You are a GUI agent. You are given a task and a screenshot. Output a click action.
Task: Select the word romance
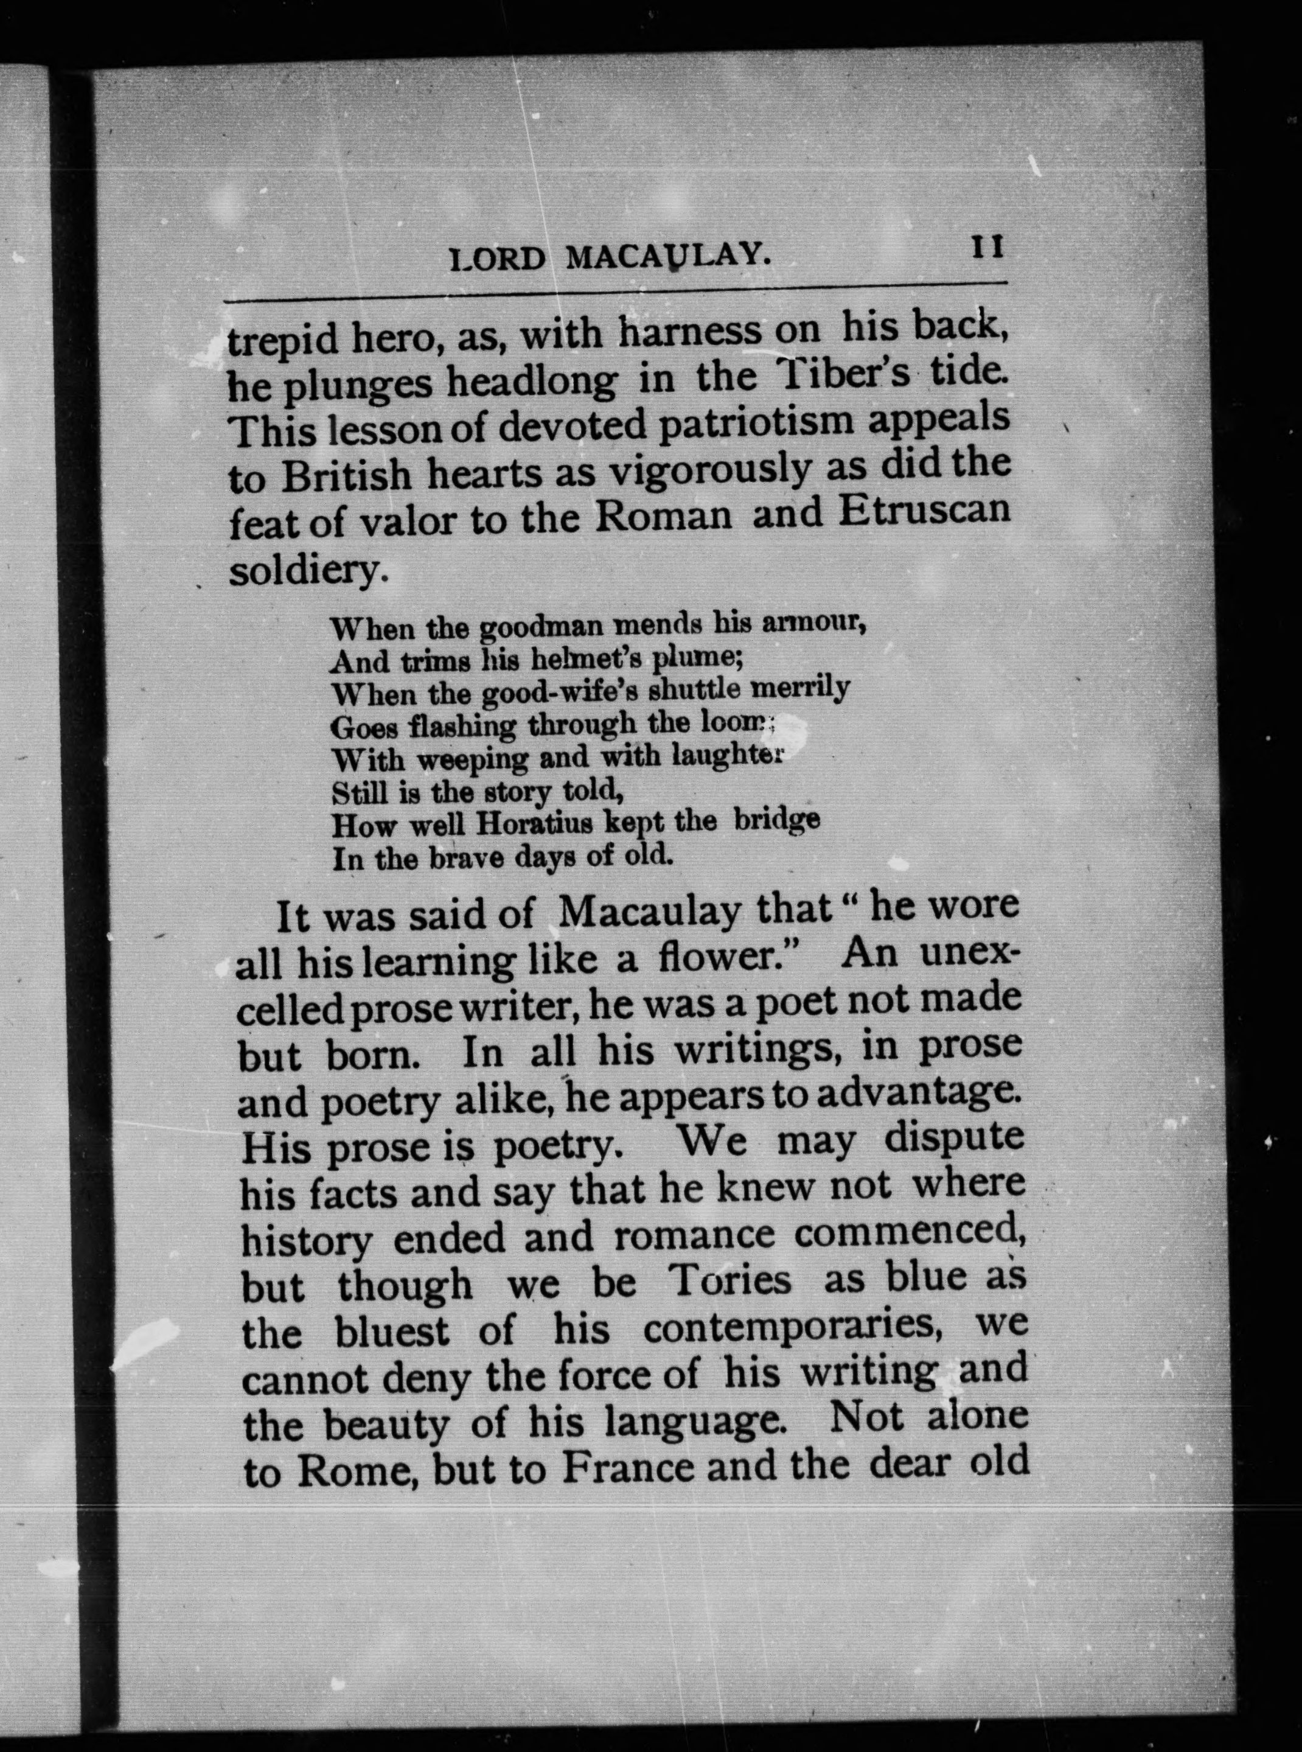[694, 1235]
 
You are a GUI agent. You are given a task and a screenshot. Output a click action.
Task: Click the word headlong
[532, 382]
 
